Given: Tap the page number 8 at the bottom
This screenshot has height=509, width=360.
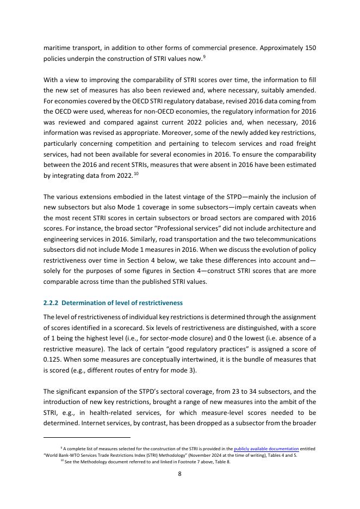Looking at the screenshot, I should [x=180, y=474].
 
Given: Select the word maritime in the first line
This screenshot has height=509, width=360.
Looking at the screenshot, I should [x=58, y=48].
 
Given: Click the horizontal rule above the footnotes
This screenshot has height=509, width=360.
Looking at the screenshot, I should [x=87, y=437].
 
